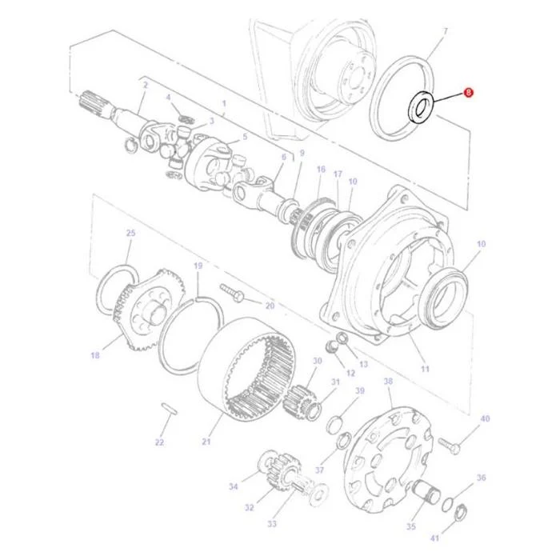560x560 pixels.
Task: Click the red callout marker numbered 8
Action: [x=468, y=93]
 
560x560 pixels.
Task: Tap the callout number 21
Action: [x=206, y=442]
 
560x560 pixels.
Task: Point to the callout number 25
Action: [x=131, y=233]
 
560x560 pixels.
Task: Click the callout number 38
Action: [x=388, y=381]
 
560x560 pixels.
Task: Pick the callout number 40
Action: [x=485, y=418]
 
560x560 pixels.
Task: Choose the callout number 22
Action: [x=160, y=442]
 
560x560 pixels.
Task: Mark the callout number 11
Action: [x=425, y=369]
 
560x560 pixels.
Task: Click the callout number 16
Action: [x=321, y=169]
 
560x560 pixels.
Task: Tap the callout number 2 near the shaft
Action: [x=146, y=85]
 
